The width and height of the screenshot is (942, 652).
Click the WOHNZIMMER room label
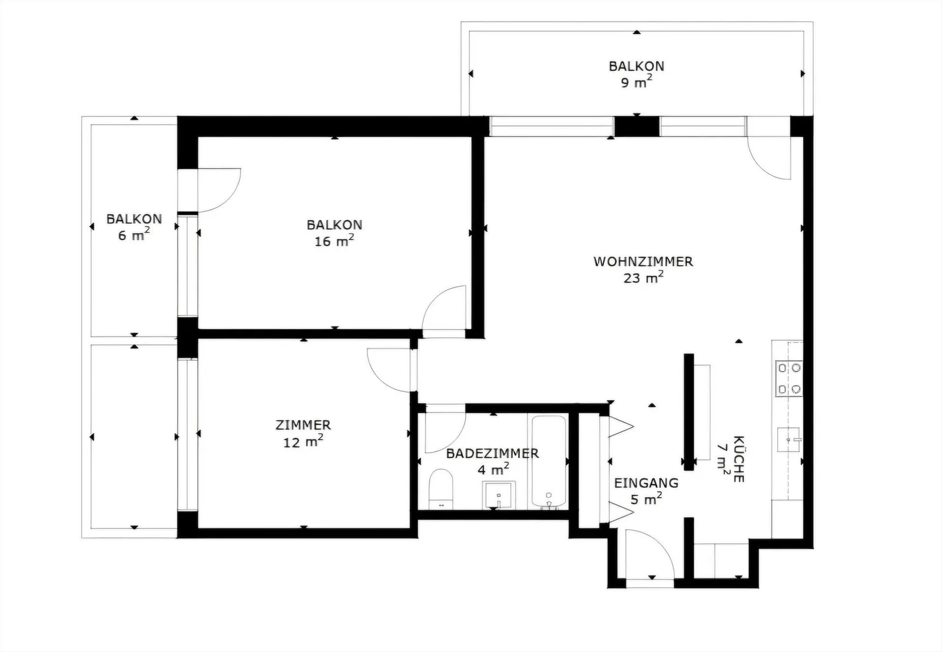click(643, 261)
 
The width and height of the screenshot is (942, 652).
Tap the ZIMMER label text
click(303, 425)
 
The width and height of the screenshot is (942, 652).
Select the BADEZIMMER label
click(492, 454)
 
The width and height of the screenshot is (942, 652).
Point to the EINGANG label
click(646, 483)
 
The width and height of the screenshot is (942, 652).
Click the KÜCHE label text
click(739, 459)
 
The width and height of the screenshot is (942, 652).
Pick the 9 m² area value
click(636, 82)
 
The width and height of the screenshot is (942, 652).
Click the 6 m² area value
click(134, 234)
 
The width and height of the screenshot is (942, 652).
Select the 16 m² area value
click(334, 241)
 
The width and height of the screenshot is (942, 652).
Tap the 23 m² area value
click(644, 277)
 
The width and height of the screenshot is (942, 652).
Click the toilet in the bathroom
click(441, 489)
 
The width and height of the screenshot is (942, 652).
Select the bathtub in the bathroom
click(549, 462)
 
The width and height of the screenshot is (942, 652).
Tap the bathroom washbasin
click(499, 495)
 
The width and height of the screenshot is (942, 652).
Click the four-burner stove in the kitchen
click(789, 378)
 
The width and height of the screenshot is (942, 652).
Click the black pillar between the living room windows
click(636, 126)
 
